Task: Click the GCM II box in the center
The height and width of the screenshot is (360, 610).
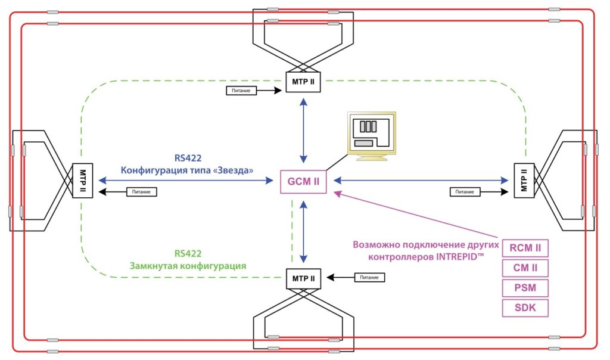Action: pos(304,181)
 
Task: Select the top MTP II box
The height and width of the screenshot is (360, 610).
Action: pos(304,82)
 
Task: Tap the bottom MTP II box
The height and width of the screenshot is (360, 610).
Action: pos(304,278)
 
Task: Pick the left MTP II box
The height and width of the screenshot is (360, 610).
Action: pos(81,181)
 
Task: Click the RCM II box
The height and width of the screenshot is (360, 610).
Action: pos(525,247)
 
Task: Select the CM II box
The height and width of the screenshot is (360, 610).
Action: pos(525,268)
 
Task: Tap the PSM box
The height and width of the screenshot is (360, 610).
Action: pos(525,288)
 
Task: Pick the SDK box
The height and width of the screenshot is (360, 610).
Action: pos(525,308)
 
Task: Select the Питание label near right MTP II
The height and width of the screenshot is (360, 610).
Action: pos(465,192)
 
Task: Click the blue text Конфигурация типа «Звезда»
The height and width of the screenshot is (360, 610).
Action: pos(188,170)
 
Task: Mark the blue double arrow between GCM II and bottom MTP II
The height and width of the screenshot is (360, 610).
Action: pos(304,231)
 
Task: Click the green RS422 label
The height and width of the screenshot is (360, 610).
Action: pos(188,253)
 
